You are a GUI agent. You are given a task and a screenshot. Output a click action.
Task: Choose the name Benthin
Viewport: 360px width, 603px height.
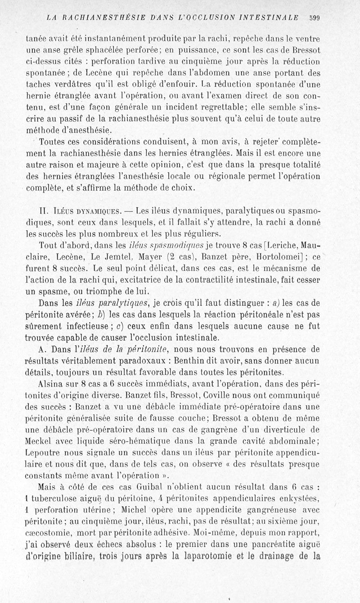point(231,361)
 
